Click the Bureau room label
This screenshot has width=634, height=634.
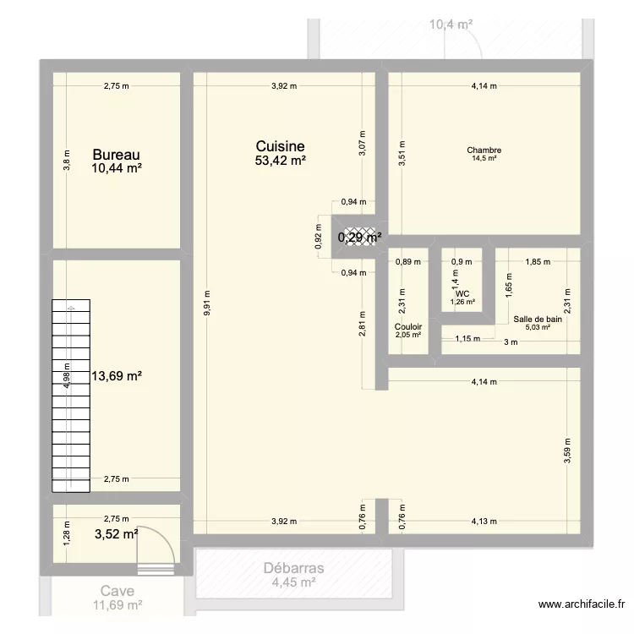[x=117, y=155]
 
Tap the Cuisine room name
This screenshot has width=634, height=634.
[x=280, y=146]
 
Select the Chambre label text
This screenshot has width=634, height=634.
[x=484, y=150]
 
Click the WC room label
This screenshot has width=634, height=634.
[x=462, y=293]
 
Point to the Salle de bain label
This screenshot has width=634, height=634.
[x=537, y=319]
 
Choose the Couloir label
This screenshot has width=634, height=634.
[x=407, y=325]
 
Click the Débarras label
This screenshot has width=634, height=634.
[x=293, y=568]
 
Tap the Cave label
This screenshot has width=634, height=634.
[x=117, y=592]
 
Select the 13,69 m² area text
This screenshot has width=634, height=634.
[x=116, y=376]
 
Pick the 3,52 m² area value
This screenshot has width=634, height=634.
[x=116, y=533]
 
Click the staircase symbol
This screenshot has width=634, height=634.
[x=70, y=395]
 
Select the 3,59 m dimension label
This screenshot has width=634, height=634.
[x=568, y=446]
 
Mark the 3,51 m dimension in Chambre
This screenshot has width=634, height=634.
[x=402, y=154]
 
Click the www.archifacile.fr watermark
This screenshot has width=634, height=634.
[x=581, y=604]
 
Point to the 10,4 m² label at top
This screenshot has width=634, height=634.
[x=450, y=25]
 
